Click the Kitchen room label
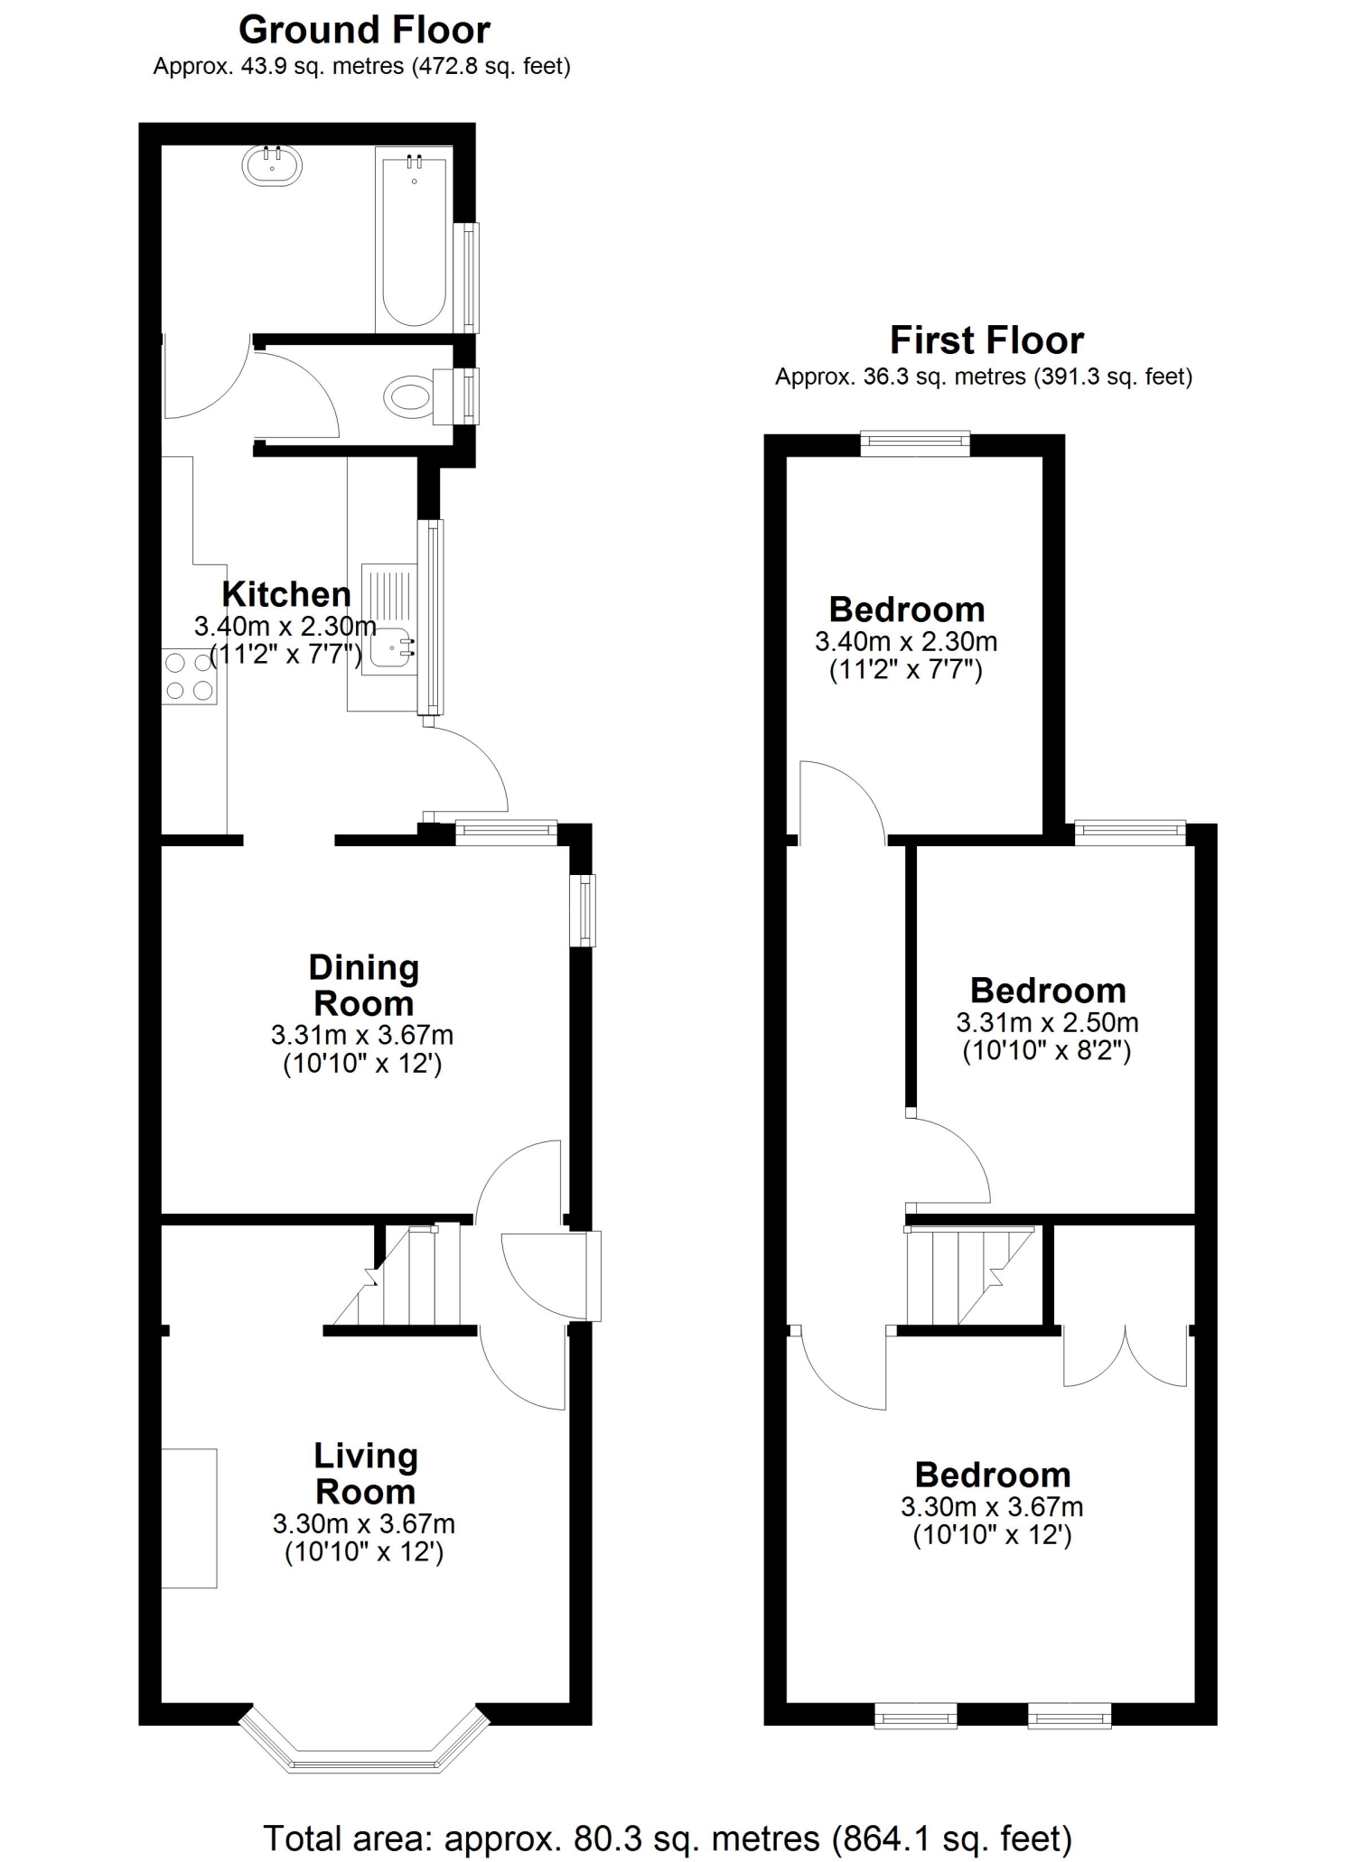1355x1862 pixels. click(x=286, y=594)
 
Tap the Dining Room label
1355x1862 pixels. click(x=364, y=985)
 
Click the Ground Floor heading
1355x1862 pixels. click(x=364, y=30)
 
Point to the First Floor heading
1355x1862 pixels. click(x=986, y=340)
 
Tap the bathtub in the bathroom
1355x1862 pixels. click(x=414, y=240)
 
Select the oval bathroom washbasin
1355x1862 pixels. click(x=272, y=165)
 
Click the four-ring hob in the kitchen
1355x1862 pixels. click(x=190, y=676)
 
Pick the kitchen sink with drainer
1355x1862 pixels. click(x=389, y=619)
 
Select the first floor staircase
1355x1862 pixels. click(x=970, y=1275)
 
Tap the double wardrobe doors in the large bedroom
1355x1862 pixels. click(x=1126, y=1355)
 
